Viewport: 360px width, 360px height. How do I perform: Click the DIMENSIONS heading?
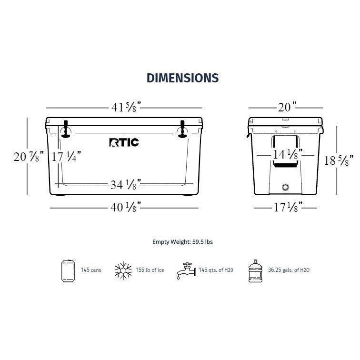182,78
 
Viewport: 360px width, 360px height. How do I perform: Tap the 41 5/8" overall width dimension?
125,107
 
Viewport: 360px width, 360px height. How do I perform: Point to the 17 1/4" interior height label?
67,156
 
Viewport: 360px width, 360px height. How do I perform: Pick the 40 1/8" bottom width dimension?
125,207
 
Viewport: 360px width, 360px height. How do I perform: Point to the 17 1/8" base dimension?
284,207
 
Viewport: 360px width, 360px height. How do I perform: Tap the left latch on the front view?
66,130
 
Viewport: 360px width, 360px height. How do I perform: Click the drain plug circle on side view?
286,187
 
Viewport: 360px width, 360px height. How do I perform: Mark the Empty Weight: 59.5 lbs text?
182,242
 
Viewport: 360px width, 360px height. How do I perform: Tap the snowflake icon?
123,270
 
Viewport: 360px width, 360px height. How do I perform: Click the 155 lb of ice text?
150,270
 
